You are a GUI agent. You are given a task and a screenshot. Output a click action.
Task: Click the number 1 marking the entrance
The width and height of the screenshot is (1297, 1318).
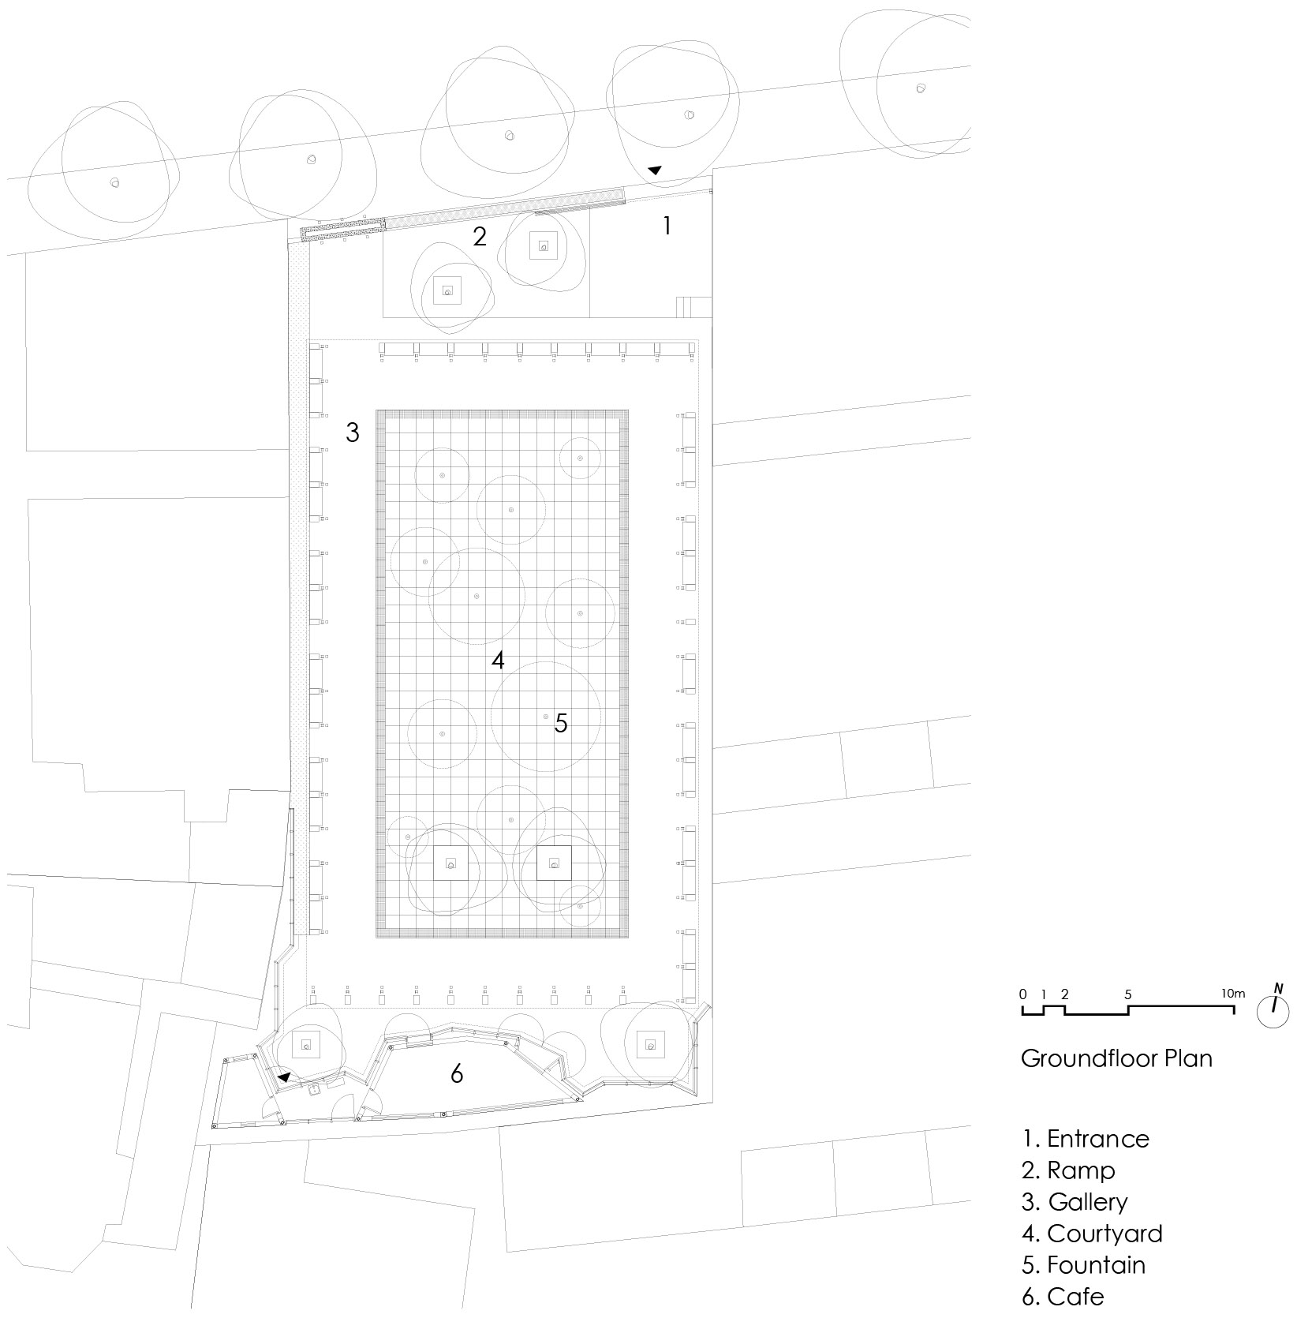[667, 226]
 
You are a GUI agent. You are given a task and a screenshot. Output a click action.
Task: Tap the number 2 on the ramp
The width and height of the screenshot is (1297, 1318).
[480, 236]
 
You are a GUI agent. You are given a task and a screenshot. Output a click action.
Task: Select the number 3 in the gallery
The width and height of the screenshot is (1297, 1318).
[353, 432]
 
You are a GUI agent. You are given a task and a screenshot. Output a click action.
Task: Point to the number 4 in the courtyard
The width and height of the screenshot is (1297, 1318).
[498, 660]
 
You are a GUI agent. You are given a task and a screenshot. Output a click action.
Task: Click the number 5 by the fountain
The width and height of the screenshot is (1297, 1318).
[561, 723]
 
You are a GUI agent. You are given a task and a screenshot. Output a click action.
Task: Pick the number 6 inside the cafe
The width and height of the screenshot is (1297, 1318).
[457, 1073]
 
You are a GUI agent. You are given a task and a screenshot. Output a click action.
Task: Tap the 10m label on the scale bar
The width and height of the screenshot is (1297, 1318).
[1232, 994]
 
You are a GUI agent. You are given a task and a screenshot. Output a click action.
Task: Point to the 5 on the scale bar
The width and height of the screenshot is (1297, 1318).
[1128, 994]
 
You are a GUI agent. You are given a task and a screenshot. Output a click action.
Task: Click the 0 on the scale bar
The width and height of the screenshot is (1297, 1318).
[1023, 994]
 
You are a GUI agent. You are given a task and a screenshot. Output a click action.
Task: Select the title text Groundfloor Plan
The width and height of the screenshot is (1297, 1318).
[1116, 1058]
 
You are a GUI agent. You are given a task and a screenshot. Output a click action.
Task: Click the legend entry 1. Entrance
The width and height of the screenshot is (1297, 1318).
[1086, 1139]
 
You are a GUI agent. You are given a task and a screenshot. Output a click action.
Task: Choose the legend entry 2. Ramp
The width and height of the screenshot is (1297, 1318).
[1068, 1170]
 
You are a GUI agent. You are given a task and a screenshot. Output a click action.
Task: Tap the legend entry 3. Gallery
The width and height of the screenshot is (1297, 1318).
[1075, 1202]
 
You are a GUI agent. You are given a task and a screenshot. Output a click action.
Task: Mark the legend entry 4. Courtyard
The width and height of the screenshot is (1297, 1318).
[1092, 1234]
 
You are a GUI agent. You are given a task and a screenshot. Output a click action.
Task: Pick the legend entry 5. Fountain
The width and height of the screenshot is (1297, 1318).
[1083, 1265]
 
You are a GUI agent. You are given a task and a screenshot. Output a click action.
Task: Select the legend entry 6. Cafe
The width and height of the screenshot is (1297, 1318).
[1063, 1297]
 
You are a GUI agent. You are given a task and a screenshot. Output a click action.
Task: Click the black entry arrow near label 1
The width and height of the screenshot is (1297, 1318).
[655, 170]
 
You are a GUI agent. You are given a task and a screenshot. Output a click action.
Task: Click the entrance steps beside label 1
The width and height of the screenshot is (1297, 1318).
[694, 307]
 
